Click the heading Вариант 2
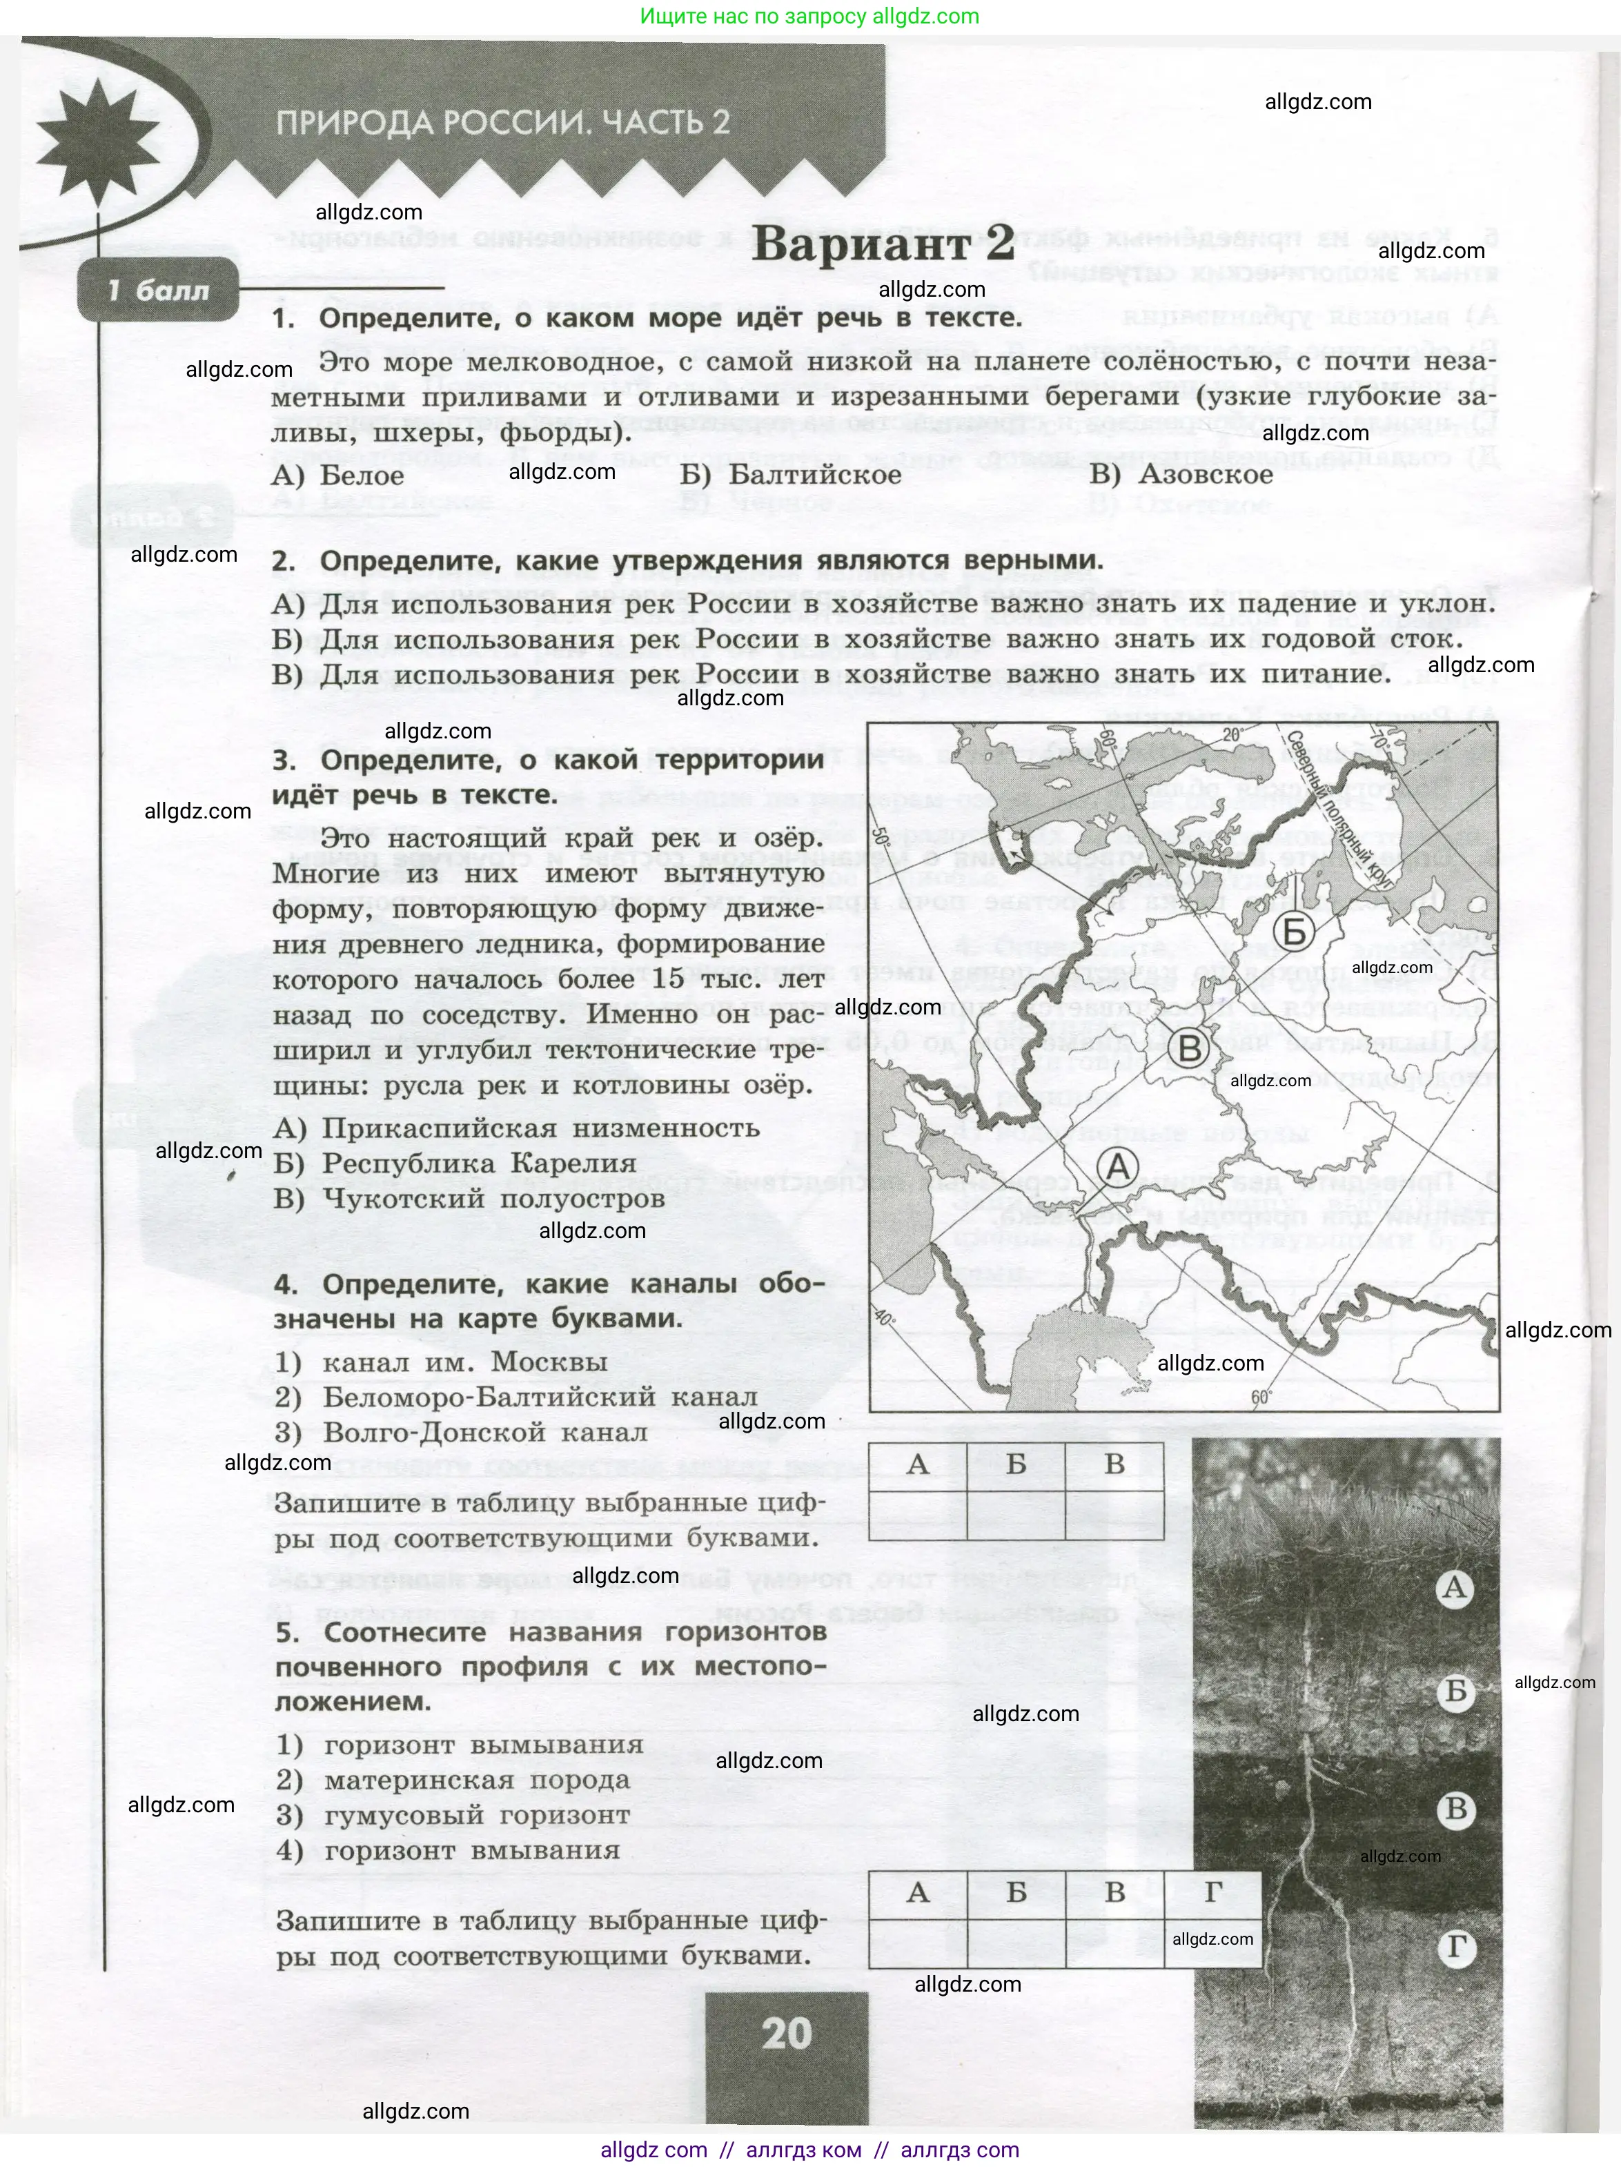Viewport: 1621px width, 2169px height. pyautogui.click(x=883, y=243)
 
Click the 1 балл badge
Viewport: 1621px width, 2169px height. pyautogui.click(x=159, y=291)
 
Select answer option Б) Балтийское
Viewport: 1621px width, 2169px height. pyautogui.click(x=790, y=475)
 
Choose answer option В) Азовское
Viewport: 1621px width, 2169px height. pyautogui.click(x=1181, y=475)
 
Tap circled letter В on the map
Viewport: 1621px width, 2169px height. pyautogui.click(x=1188, y=1049)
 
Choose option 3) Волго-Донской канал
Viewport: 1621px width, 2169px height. pyautogui.click(x=461, y=1433)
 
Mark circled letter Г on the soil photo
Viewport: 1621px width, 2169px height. pyautogui.click(x=1455, y=1947)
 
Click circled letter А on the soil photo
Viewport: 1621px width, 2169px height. pyautogui.click(x=1454, y=1587)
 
